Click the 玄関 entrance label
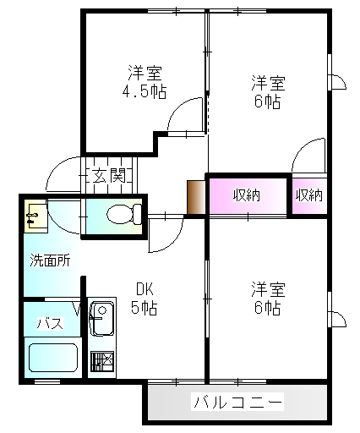click(x=109, y=176)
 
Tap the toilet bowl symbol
click(x=124, y=214)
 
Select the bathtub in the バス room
click(x=53, y=358)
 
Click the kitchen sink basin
click(x=101, y=319)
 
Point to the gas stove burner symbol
click(x=102, y=361)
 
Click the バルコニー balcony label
click(x=237, y=402)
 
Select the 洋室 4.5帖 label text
click(x=145, y=82)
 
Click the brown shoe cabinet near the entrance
click(x=196, y=198)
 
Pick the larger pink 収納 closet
click(x=248, y=195)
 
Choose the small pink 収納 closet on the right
click(x=309, y=195)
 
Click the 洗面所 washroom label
click(x=50, y=260)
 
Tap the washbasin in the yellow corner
click(x=35, y=216)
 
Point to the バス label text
click(x=51, y=323)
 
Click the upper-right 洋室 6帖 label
click(x=268, y=91)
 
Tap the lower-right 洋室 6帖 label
click(x=268, y=298)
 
